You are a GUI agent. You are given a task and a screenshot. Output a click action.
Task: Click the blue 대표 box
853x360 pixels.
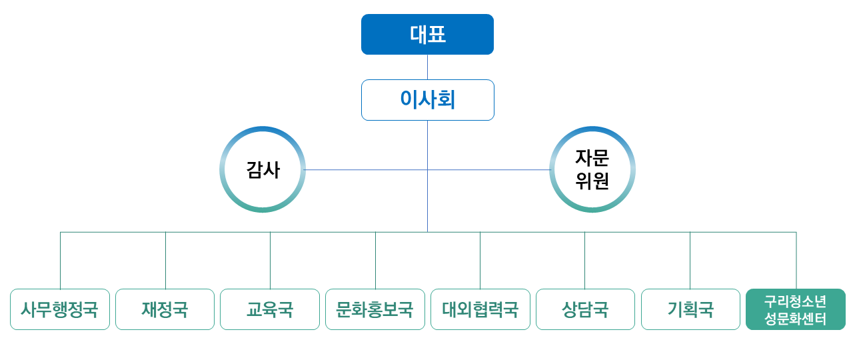pos(427,34)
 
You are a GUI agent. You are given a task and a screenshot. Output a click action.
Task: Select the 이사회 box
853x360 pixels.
pos(428,100)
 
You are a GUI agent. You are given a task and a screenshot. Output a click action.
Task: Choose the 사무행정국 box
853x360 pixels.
pos(60,309)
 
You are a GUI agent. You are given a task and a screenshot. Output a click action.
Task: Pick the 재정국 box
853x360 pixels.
pos(165,309)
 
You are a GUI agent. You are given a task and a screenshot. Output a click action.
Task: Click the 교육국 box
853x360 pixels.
pos(270,309)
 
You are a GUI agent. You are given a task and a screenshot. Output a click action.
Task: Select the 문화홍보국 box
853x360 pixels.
pos(375,309)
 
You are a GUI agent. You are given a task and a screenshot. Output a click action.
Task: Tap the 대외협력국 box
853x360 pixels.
pos(480,309)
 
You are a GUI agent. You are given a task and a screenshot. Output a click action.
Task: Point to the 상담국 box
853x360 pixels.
pos(585,309)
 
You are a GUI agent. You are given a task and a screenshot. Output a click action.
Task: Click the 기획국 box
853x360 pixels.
pos(690,309)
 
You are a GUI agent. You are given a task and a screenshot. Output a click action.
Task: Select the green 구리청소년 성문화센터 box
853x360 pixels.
pos(796,309)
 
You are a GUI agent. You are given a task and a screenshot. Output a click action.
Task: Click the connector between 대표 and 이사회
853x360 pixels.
pos(427,67)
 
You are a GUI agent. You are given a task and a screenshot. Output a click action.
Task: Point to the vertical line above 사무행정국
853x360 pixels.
pos(60,261)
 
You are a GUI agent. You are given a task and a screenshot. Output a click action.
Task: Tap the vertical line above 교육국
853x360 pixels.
pos(271,261)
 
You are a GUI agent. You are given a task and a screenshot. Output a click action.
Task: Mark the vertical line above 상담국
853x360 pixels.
pos(585,261)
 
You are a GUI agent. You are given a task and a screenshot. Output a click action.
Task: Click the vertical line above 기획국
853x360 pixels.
pos(690,261)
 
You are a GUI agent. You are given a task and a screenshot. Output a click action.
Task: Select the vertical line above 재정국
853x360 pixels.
pos(166,261)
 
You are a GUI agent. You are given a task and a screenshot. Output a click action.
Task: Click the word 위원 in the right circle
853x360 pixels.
pos(592,181)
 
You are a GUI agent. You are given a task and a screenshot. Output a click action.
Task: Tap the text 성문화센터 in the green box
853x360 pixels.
pos(796,319)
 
